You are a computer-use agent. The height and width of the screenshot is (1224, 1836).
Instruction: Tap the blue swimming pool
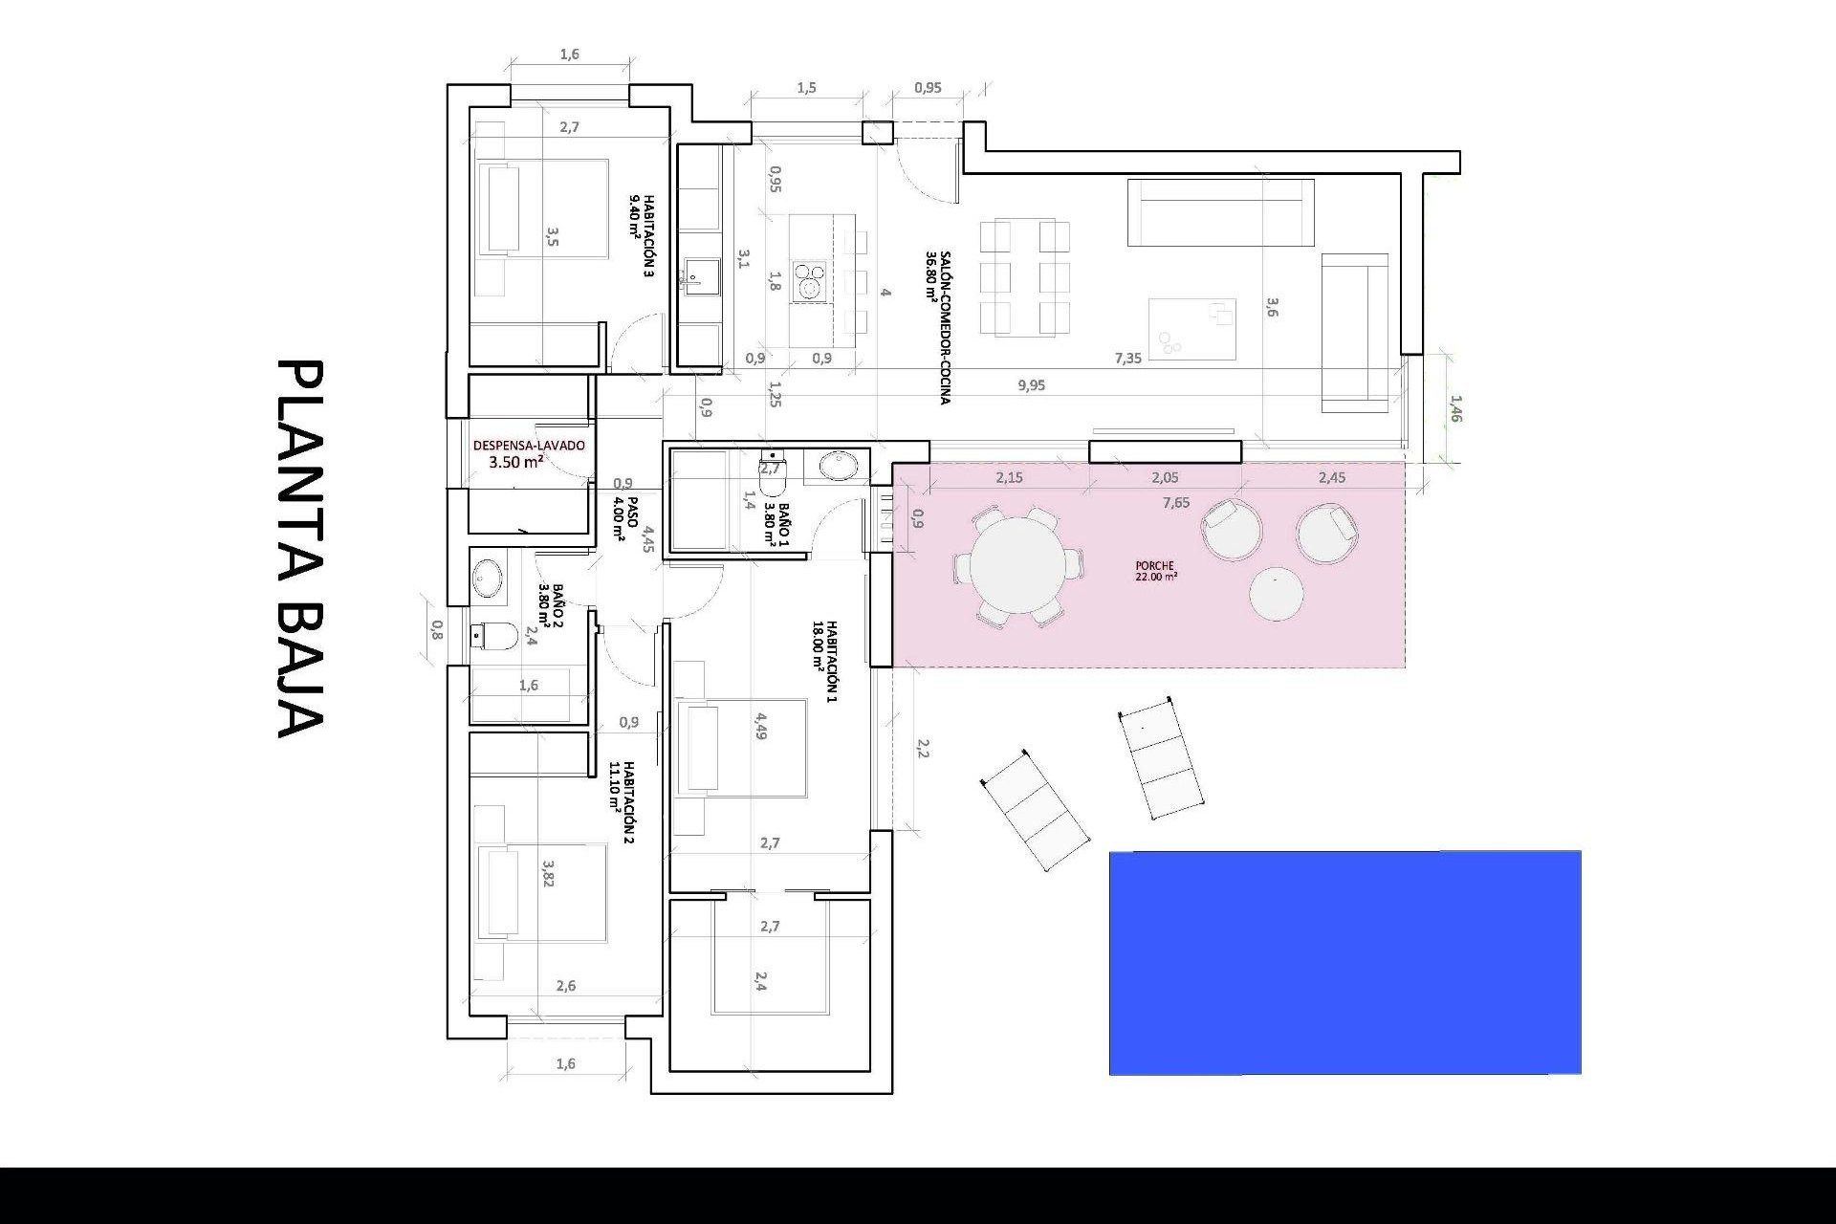click(x=1344, y=962)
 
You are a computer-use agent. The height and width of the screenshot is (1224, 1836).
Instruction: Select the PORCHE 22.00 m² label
click(x=1156, y=571)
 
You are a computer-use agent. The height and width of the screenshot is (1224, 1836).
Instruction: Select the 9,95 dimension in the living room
click(x=1032, y=385)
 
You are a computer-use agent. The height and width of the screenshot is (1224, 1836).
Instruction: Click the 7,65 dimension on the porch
click(x=1176, y=503)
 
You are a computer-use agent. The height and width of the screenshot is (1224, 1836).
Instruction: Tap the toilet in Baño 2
click(x=493, y=634)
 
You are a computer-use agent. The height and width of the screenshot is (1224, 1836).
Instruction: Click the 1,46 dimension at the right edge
click(x=1455, y=408)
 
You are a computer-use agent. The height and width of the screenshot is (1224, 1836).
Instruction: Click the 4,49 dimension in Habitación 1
click(x=761, y=725)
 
